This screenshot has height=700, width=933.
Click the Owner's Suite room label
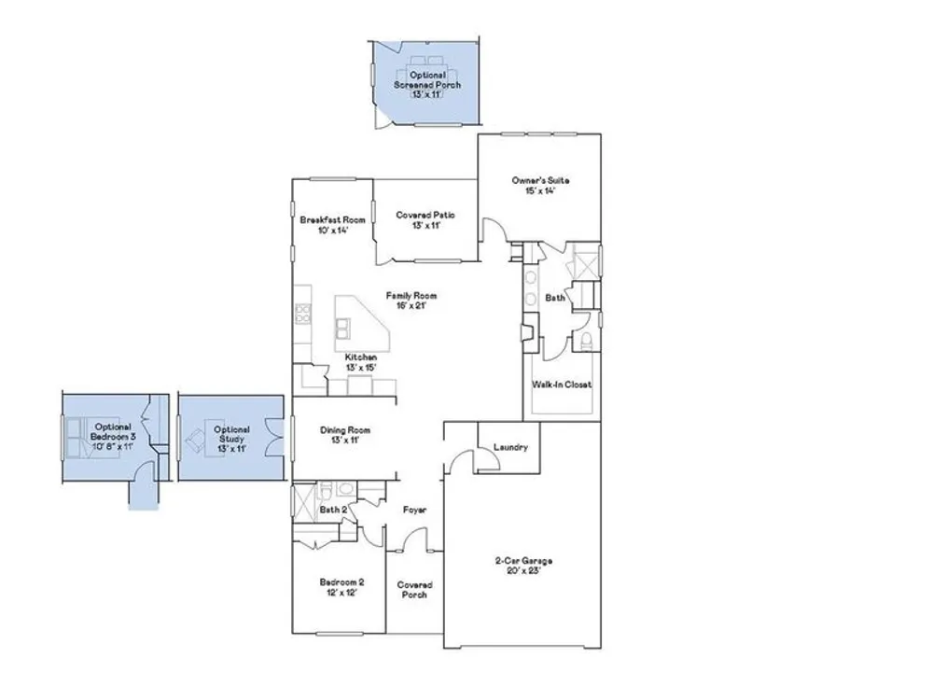540,180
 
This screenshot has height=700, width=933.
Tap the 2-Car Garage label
523,561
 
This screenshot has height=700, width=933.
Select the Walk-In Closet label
562,385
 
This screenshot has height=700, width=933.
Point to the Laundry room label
510,447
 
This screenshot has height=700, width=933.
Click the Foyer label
415,511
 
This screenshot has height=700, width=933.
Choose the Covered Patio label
425,215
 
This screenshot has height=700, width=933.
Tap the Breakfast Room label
333,219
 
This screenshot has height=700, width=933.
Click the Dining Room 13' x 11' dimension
346,441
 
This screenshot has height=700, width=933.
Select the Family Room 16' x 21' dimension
411,306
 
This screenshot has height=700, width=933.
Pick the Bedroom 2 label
342,582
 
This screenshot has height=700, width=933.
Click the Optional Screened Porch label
427,80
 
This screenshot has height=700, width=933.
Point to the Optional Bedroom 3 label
113,431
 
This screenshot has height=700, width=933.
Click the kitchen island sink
342,328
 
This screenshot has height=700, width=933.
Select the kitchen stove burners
303,314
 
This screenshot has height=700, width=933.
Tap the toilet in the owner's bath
586,342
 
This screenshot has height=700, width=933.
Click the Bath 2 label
333,511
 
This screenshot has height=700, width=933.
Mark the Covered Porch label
415,590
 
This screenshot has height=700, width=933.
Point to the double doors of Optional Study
274,438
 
